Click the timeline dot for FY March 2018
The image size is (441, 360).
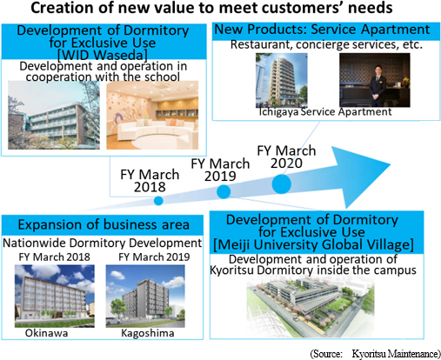tap(158, 201)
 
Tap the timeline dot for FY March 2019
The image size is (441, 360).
tap(224, 191)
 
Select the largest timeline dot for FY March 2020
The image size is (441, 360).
tap(282, 184)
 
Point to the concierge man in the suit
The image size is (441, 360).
tap(378, 85)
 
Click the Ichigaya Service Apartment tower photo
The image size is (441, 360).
tap(282, 80)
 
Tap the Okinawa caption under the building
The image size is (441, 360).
tap(46, 333)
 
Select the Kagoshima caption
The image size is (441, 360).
tap(148, 333)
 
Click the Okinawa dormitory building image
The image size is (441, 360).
tap(55, 296)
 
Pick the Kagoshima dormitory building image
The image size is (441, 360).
tap(145, 296)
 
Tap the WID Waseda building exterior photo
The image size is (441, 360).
tap(54, 115)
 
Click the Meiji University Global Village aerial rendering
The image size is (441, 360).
tap(311, 307)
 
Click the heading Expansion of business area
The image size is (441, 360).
tap(104, 224)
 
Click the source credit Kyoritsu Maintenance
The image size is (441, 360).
tap(395, 354)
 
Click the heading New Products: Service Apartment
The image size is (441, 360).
tap(322, 30)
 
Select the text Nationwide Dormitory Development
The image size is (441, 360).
tap(102, 243)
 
